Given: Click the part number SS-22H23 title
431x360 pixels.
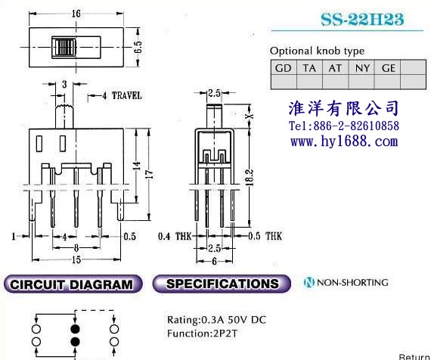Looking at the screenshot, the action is click(362, 19).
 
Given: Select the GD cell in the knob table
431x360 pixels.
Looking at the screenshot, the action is click(283, 68).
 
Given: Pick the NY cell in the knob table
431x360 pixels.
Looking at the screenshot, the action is click(362, 68).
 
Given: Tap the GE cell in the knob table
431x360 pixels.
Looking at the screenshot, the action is click(388, 68).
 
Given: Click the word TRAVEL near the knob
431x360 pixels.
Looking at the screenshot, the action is click(127, 96).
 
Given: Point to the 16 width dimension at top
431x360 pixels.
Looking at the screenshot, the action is click(76, 14).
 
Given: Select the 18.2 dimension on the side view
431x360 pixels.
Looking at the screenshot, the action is click(250, 177).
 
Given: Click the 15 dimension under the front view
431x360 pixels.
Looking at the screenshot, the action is click(76, 260).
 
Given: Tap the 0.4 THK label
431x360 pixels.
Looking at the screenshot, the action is click(175, 236).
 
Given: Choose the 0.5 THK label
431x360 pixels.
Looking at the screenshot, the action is click(265, 236).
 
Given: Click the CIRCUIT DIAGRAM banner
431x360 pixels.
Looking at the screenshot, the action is click(73, 284).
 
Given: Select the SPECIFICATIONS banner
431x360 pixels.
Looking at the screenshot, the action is click(222, 284).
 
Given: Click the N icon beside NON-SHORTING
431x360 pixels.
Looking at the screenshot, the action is click(309, 282).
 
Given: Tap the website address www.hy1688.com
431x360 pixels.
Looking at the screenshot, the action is click(344, 141).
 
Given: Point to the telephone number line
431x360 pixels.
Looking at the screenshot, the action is click(344, 126).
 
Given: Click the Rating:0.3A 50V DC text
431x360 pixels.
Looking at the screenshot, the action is click(216, 320).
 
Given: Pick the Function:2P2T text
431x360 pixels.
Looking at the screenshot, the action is click(202, 334).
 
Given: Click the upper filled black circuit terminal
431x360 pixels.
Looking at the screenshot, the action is click(75, 329).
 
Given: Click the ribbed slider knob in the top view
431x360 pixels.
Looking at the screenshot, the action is click(64, 48).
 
